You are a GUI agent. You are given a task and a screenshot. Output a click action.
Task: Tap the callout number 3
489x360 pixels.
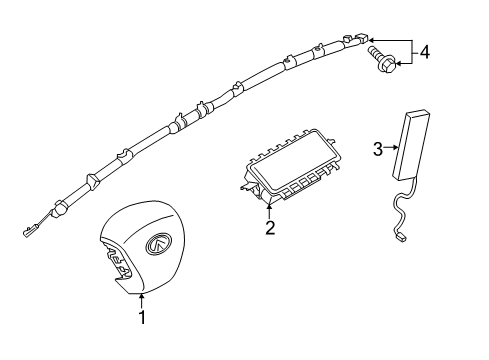point(378,150)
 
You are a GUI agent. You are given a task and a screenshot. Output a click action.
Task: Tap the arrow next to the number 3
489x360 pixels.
point(390,150)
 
